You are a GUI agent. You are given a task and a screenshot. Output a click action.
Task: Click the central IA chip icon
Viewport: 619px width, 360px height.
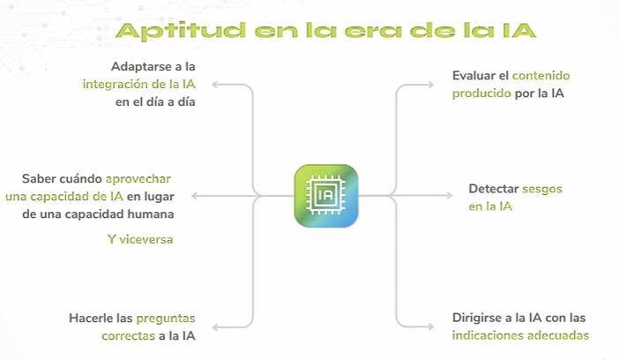coord(326,196)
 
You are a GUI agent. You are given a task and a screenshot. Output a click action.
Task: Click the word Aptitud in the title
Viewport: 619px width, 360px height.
coord(181,31)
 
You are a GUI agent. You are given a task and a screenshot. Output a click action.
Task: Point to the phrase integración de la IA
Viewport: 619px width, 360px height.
coord(139,84)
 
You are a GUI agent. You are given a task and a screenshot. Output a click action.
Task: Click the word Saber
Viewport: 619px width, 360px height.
coord(39,178)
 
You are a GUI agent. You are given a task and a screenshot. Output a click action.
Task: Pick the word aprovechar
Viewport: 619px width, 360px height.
coord(138,179)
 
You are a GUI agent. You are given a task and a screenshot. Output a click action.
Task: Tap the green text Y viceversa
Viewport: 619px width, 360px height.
coord(140,239)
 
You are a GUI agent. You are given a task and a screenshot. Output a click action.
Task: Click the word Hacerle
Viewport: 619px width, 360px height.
coord(91,319)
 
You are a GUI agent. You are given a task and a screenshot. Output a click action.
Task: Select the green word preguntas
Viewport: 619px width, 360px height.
coord(166,319)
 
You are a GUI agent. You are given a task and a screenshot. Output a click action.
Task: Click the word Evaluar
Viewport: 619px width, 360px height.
coord(475,76)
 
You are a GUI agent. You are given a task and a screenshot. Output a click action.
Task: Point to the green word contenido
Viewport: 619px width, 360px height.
coord(541,76)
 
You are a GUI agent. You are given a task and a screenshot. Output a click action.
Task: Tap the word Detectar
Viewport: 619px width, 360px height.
coord(494,189)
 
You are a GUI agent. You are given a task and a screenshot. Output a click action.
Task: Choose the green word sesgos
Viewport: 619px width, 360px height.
coord(542,190)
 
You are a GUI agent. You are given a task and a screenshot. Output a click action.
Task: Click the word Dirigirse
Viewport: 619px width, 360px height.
coord(478,318)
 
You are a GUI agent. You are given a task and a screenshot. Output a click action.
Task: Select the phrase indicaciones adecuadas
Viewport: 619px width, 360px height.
coord(520,335)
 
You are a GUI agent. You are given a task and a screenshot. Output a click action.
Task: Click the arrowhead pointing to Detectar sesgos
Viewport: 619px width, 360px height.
coord(449,195)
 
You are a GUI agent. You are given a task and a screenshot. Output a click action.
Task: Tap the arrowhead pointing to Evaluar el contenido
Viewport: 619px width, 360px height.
coord(430,84)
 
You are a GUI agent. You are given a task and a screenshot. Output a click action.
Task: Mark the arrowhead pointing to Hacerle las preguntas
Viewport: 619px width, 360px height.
coord(215,327)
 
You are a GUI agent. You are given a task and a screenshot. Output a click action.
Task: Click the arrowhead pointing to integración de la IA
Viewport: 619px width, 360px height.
coord(215,84)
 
